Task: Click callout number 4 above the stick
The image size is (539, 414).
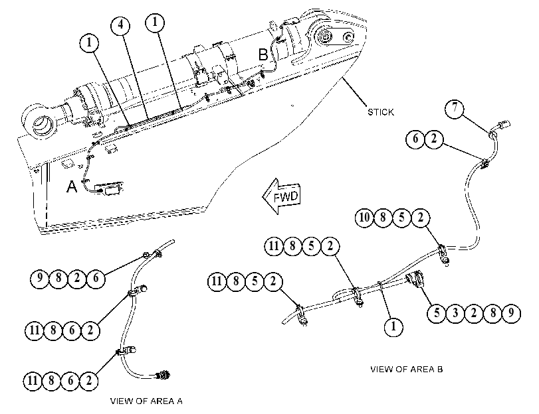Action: point(121,25)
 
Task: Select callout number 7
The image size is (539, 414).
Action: point(455,109)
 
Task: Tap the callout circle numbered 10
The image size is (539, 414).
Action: point(364,218)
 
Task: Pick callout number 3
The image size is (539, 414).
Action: point(455,313)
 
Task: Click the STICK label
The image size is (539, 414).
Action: point(381,112)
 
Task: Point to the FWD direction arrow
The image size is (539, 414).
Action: point(282,196)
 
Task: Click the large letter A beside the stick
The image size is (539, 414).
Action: point(72,186)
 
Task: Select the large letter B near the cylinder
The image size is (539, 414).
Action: point(263,54)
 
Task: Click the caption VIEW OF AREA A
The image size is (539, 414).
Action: point(146,401)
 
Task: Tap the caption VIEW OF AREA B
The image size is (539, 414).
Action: point(406,370)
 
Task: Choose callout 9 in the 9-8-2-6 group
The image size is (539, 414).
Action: point(40,278)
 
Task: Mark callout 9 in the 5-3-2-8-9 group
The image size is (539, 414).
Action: point(511,313)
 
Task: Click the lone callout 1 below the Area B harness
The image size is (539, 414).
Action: point(393,326)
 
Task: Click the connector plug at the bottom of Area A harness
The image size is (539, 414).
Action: point(163,374)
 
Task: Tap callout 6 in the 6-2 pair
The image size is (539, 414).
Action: point(415,139)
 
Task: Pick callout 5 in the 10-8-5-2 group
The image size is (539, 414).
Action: point(402,218)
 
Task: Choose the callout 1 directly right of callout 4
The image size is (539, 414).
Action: point(155,23)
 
